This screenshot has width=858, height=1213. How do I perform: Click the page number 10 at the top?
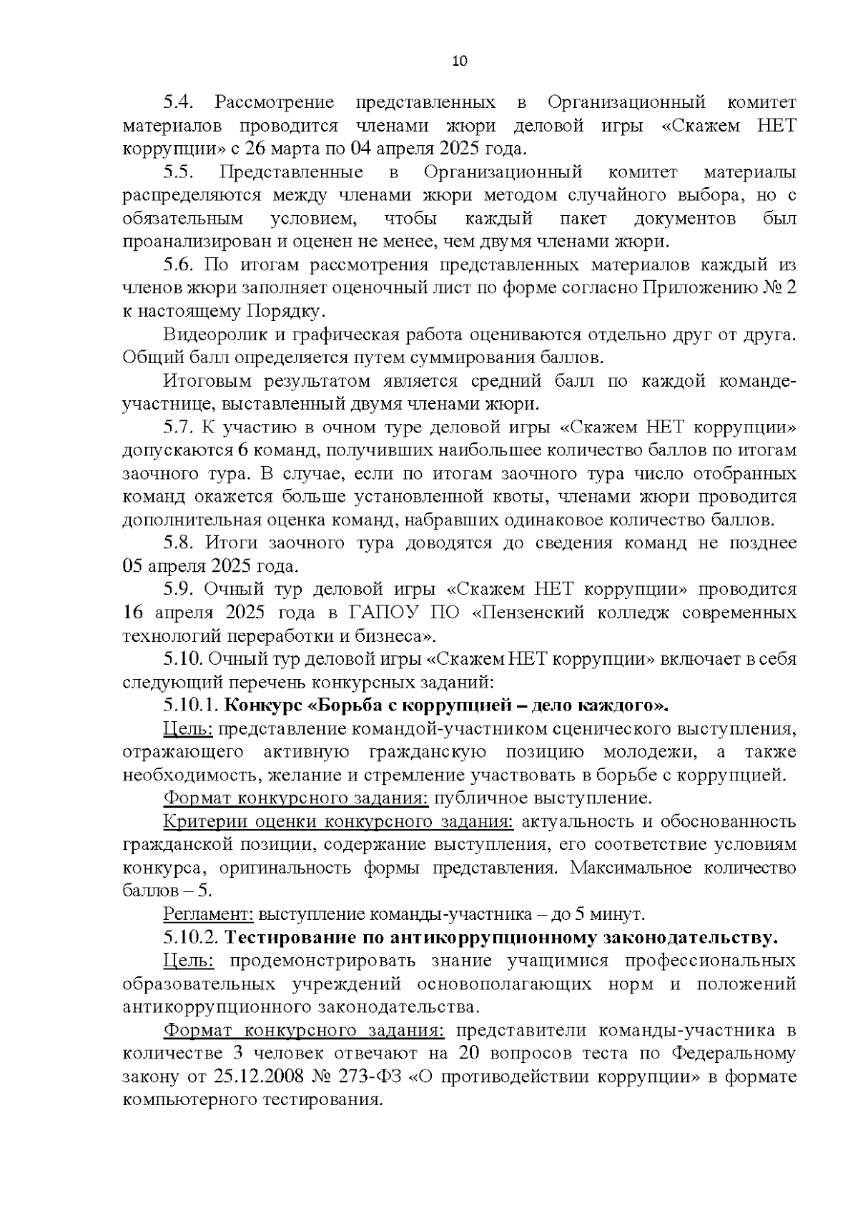[460, 61]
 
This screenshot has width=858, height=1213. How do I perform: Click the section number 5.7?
[179, 427]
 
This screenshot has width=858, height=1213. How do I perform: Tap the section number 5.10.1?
[190, 705]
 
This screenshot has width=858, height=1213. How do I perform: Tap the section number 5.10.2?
[190, 937]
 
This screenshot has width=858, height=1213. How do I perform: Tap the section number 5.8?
[179, 543]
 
